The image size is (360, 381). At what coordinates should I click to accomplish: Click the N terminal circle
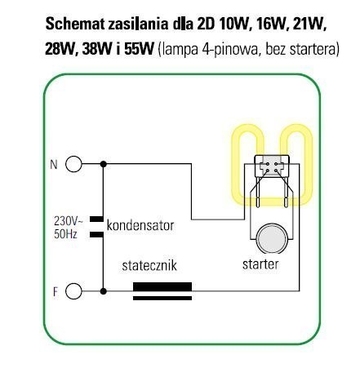coord(73,164)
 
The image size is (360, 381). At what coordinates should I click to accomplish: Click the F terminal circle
coord(73,291)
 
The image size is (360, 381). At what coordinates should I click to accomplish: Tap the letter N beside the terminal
coord(54,165)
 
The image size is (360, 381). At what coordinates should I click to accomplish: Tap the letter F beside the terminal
coord(56,292)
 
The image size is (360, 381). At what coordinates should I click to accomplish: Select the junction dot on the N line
coord(103,164)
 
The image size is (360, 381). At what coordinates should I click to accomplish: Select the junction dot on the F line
coord(103,291)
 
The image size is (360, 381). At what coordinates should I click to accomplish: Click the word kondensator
coord(140,225)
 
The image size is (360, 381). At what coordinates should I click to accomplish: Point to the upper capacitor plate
coord(96,219)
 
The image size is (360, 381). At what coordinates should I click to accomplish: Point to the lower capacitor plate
coord(96,235)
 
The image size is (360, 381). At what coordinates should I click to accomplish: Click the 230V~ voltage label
coord(68,221)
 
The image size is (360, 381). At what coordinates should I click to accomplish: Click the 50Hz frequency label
coord(65,234)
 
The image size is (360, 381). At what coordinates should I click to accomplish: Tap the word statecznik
coord(149,265)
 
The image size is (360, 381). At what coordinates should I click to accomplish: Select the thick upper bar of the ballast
coord(162,287)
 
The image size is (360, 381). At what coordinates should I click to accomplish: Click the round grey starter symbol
coord(272,239)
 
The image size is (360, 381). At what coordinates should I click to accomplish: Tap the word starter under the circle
coord(260,264)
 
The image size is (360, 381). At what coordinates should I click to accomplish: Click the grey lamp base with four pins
coord(272,165)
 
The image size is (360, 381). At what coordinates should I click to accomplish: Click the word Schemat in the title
coord(75,24)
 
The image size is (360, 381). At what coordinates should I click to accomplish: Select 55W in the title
coord(139,50)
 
